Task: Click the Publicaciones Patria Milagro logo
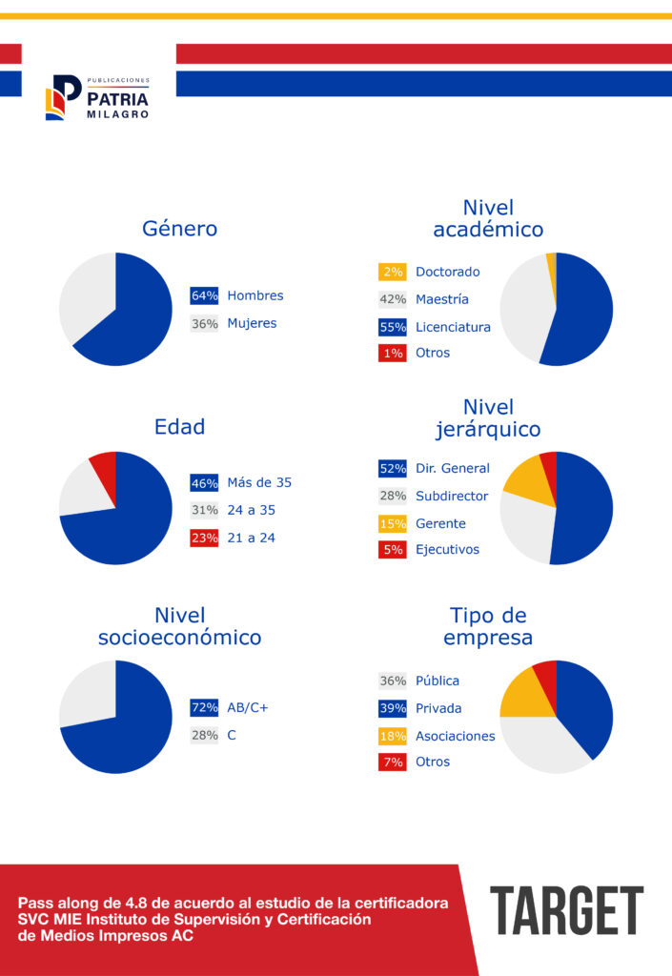point(97,97)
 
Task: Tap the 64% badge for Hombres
point(204,295)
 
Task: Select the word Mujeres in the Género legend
point(252,323)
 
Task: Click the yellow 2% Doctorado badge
point(393,272)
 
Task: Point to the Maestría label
point(442,299)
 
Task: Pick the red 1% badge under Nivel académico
point(393,353)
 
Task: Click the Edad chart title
point(180,427)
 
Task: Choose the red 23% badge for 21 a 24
point(204,538)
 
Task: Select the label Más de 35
point(259,482)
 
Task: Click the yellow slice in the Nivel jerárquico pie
point(528,480)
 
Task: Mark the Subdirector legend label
point(452,496)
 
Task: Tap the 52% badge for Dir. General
point(393,468)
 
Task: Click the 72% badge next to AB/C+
point(204,708)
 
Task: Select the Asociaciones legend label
point(456,736)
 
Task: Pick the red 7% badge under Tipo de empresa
point(393,762)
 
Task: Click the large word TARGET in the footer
point(567,910)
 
